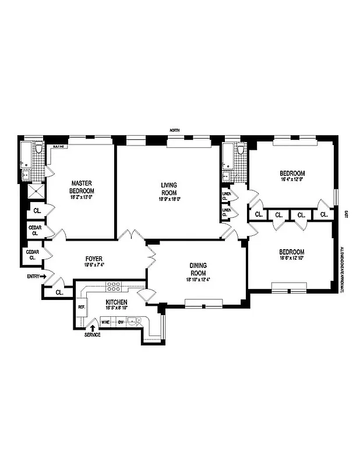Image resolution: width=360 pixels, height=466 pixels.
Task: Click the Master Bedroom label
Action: [x=82, y=186]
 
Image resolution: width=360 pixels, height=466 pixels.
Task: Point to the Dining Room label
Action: [x=197, y=269]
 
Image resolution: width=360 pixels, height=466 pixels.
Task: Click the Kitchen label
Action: [x=116, y=302]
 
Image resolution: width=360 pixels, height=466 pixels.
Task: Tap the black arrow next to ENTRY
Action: [x=43, y=277]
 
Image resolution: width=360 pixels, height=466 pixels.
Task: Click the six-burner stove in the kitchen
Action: [x=114, y=287]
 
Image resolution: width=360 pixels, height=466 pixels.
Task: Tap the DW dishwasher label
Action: [x=121, y=321]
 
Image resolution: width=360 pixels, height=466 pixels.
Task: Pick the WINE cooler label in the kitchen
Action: [x=106, y=321]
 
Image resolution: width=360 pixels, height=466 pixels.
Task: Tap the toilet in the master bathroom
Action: [x=38, y=150]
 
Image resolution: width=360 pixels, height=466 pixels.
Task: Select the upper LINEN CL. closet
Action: [x=225, y=196]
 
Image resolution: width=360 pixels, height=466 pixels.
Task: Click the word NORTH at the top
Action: [x=174, y=130]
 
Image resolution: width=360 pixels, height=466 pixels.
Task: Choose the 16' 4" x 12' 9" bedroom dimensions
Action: [x=291, y=180]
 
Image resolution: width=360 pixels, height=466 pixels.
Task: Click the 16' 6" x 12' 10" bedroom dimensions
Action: [x=291, y=258]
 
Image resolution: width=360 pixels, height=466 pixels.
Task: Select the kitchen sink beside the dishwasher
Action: [x=135, y=320]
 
